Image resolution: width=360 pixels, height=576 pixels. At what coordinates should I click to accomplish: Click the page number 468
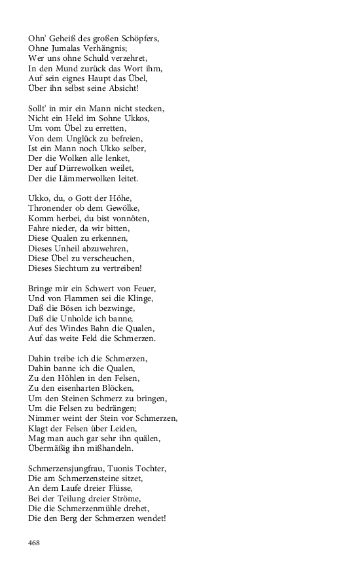(x=34, y=543)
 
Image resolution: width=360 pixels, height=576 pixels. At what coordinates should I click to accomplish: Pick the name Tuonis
(x=127, y=468)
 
